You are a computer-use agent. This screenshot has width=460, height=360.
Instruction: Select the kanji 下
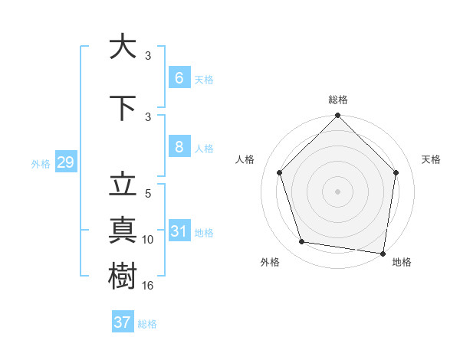pyautogui.click(x=123, y=107)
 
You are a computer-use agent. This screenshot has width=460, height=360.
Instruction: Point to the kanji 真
pyautogui.click(x=123, y=230)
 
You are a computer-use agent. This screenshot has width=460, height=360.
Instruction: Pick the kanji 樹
pyautogui.click(x=123, y=274)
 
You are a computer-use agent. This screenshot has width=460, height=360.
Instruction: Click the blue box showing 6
pyautogui.click(x=179, y=77)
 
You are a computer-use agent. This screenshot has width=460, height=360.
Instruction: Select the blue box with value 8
pyautogui.click(x=179, y=148)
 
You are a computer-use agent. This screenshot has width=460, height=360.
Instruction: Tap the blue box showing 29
pyautogui.click(x=65, y=163)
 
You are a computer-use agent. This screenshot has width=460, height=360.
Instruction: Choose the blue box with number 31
pyautogui.click(x=179, y=232)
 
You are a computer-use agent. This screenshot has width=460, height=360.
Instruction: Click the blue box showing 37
pyautogui.click(x=122, y=322)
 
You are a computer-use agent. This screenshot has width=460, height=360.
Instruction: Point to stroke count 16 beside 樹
pyautogui.click(x=149, y=286)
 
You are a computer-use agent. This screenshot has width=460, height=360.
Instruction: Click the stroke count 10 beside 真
pyautogui.click(x=149, y=240)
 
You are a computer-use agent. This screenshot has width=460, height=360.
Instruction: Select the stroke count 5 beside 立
pyautogui.click(x=148, y=194)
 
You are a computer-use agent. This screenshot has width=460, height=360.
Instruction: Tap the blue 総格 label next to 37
pyautogui.click(x=147, y=324)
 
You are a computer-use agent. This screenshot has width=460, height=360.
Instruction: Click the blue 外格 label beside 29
pyautogui.click(x=41, y=164)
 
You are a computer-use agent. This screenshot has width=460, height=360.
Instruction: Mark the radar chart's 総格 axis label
pyautogui.click(x=337, y=100)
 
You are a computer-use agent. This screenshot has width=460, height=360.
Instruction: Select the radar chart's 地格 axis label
pyautogui.click(x=402, y=262)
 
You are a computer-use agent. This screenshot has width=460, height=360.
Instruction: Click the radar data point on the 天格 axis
pyautogui.click(x=396, y=172)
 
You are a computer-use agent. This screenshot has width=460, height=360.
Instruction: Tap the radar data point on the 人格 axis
pyautogui.click(x=279, y=172)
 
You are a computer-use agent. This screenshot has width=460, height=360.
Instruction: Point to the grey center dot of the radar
pyautogui.click(x=337, y=191)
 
